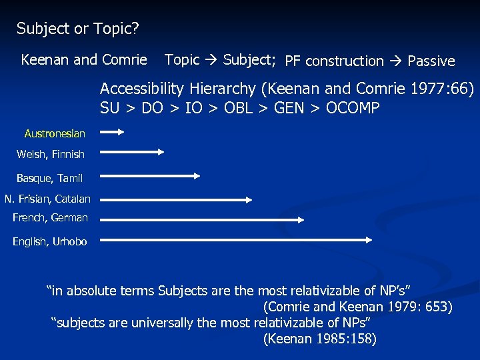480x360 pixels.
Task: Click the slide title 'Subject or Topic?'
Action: [77, 29]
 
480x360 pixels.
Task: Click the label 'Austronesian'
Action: [55, 133]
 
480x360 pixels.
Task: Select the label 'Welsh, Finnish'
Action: [51, 154]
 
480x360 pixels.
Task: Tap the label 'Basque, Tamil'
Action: [50, 178]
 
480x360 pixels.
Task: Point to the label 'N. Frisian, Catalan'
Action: [47, 199]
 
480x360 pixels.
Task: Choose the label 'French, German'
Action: [50, 217]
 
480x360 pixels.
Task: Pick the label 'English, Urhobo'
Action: [50, 241]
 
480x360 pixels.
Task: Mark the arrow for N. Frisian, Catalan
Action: [177, 199]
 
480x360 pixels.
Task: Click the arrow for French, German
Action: [203, 219]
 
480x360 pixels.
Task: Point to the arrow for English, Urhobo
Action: [236, 239]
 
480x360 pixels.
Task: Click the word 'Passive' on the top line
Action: [431, 61]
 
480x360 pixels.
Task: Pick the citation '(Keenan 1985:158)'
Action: [320, 339]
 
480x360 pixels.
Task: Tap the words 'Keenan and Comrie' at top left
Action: [84, 60]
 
